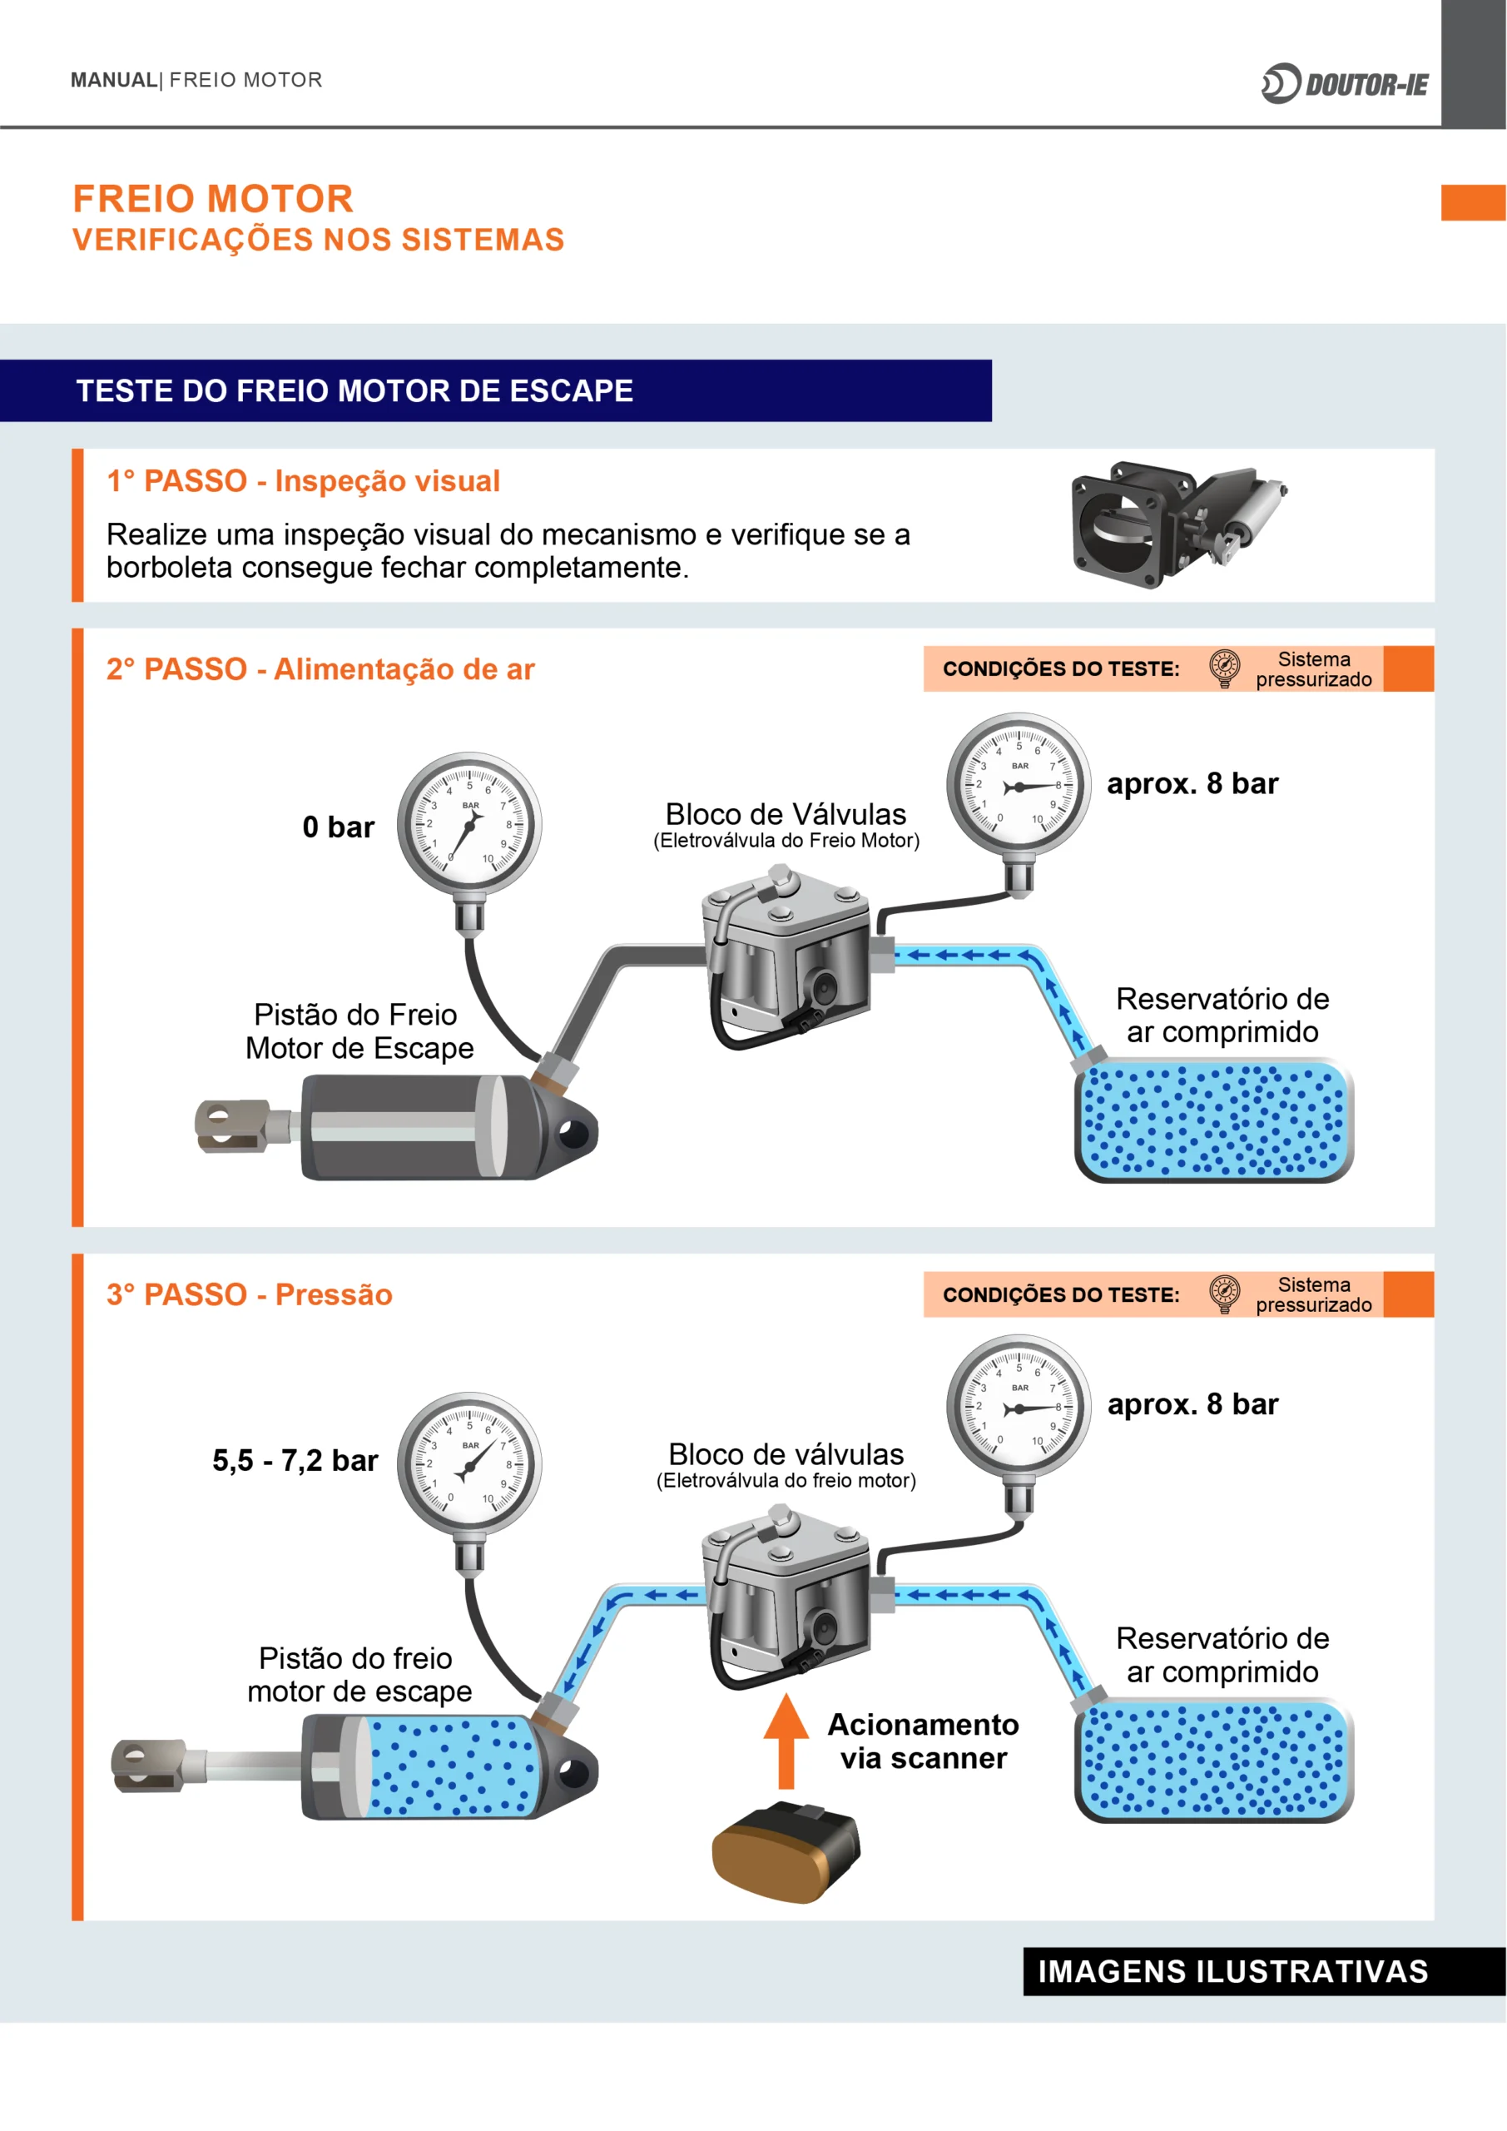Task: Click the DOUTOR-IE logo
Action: point(1345,83)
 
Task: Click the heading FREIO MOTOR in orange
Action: point(212,199)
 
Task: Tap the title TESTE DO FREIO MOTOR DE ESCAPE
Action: point(354,390)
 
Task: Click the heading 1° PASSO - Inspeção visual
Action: point(303,481)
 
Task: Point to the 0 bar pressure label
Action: point(338,827)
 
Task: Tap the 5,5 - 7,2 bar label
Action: point(295,1461)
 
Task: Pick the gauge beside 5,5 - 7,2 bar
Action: point(469,1463)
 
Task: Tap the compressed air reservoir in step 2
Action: point(1214,1120)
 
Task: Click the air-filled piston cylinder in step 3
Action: point(450,1766)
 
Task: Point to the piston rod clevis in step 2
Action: point(232,1124)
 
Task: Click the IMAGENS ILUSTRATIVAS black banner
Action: point(1232,1971)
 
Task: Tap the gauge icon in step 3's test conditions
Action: point(1224,1293)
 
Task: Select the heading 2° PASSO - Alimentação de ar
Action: point(320,669)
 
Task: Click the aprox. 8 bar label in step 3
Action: point(1192,1404)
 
